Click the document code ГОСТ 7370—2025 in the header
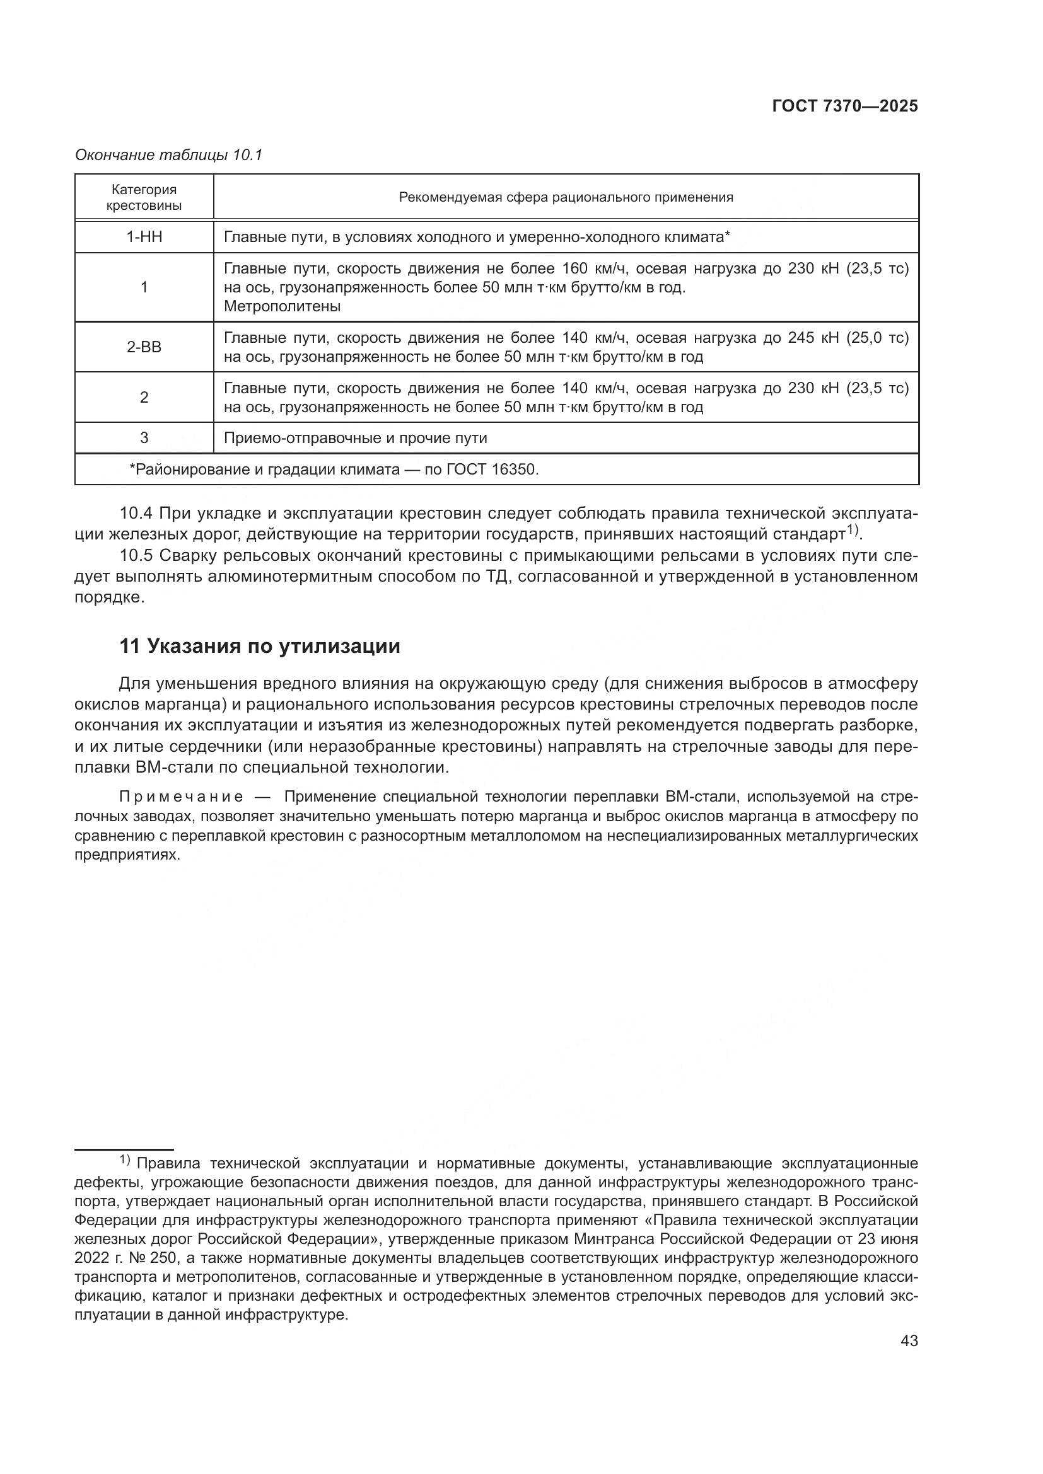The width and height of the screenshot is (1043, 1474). pos(844,107)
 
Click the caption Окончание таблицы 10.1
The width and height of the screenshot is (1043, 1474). pos(169,155)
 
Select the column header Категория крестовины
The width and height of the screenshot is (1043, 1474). pos(144,197)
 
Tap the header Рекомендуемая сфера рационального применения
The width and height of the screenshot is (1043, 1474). pos(566,197)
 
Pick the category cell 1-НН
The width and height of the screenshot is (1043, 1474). pos(144,237)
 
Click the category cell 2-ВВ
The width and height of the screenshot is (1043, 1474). pos(144,347)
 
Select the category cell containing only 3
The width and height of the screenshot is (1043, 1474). pos(144,438)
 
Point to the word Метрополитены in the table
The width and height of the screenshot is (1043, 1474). pos(282,306)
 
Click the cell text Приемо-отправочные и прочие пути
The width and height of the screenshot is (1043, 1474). pos(355,438)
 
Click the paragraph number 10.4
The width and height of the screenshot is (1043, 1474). pos(136,514)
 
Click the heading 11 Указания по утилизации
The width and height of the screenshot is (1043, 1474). pos(260,647)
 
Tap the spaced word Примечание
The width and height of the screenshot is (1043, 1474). pos(182,797)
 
